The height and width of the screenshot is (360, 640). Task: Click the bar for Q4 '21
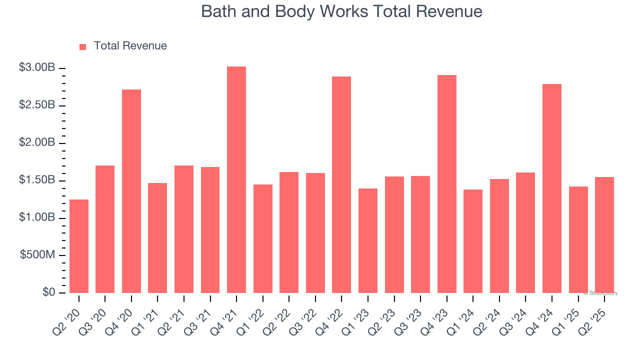click(236, 180)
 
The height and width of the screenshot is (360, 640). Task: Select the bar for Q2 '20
click(79, 246)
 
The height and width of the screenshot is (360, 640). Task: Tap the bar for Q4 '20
click(131, 191)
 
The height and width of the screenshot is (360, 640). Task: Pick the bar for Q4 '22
click(341, 185)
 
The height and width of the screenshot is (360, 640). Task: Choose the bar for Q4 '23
click(446, 184)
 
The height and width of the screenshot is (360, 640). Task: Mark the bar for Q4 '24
click(552, 188)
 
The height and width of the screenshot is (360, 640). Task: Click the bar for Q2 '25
click(604, 235)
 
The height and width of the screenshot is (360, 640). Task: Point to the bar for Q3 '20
click(105, 229)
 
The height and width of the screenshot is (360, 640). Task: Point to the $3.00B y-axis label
click(37, 67)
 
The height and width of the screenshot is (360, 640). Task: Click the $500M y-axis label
click(37, 255)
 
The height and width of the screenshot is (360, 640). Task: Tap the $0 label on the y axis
click(48, 292)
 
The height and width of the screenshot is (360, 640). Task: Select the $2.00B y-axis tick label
click(37, 142)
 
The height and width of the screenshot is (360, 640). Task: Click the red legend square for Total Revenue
click(83, 46)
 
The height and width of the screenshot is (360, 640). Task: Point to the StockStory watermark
click(600, 293)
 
